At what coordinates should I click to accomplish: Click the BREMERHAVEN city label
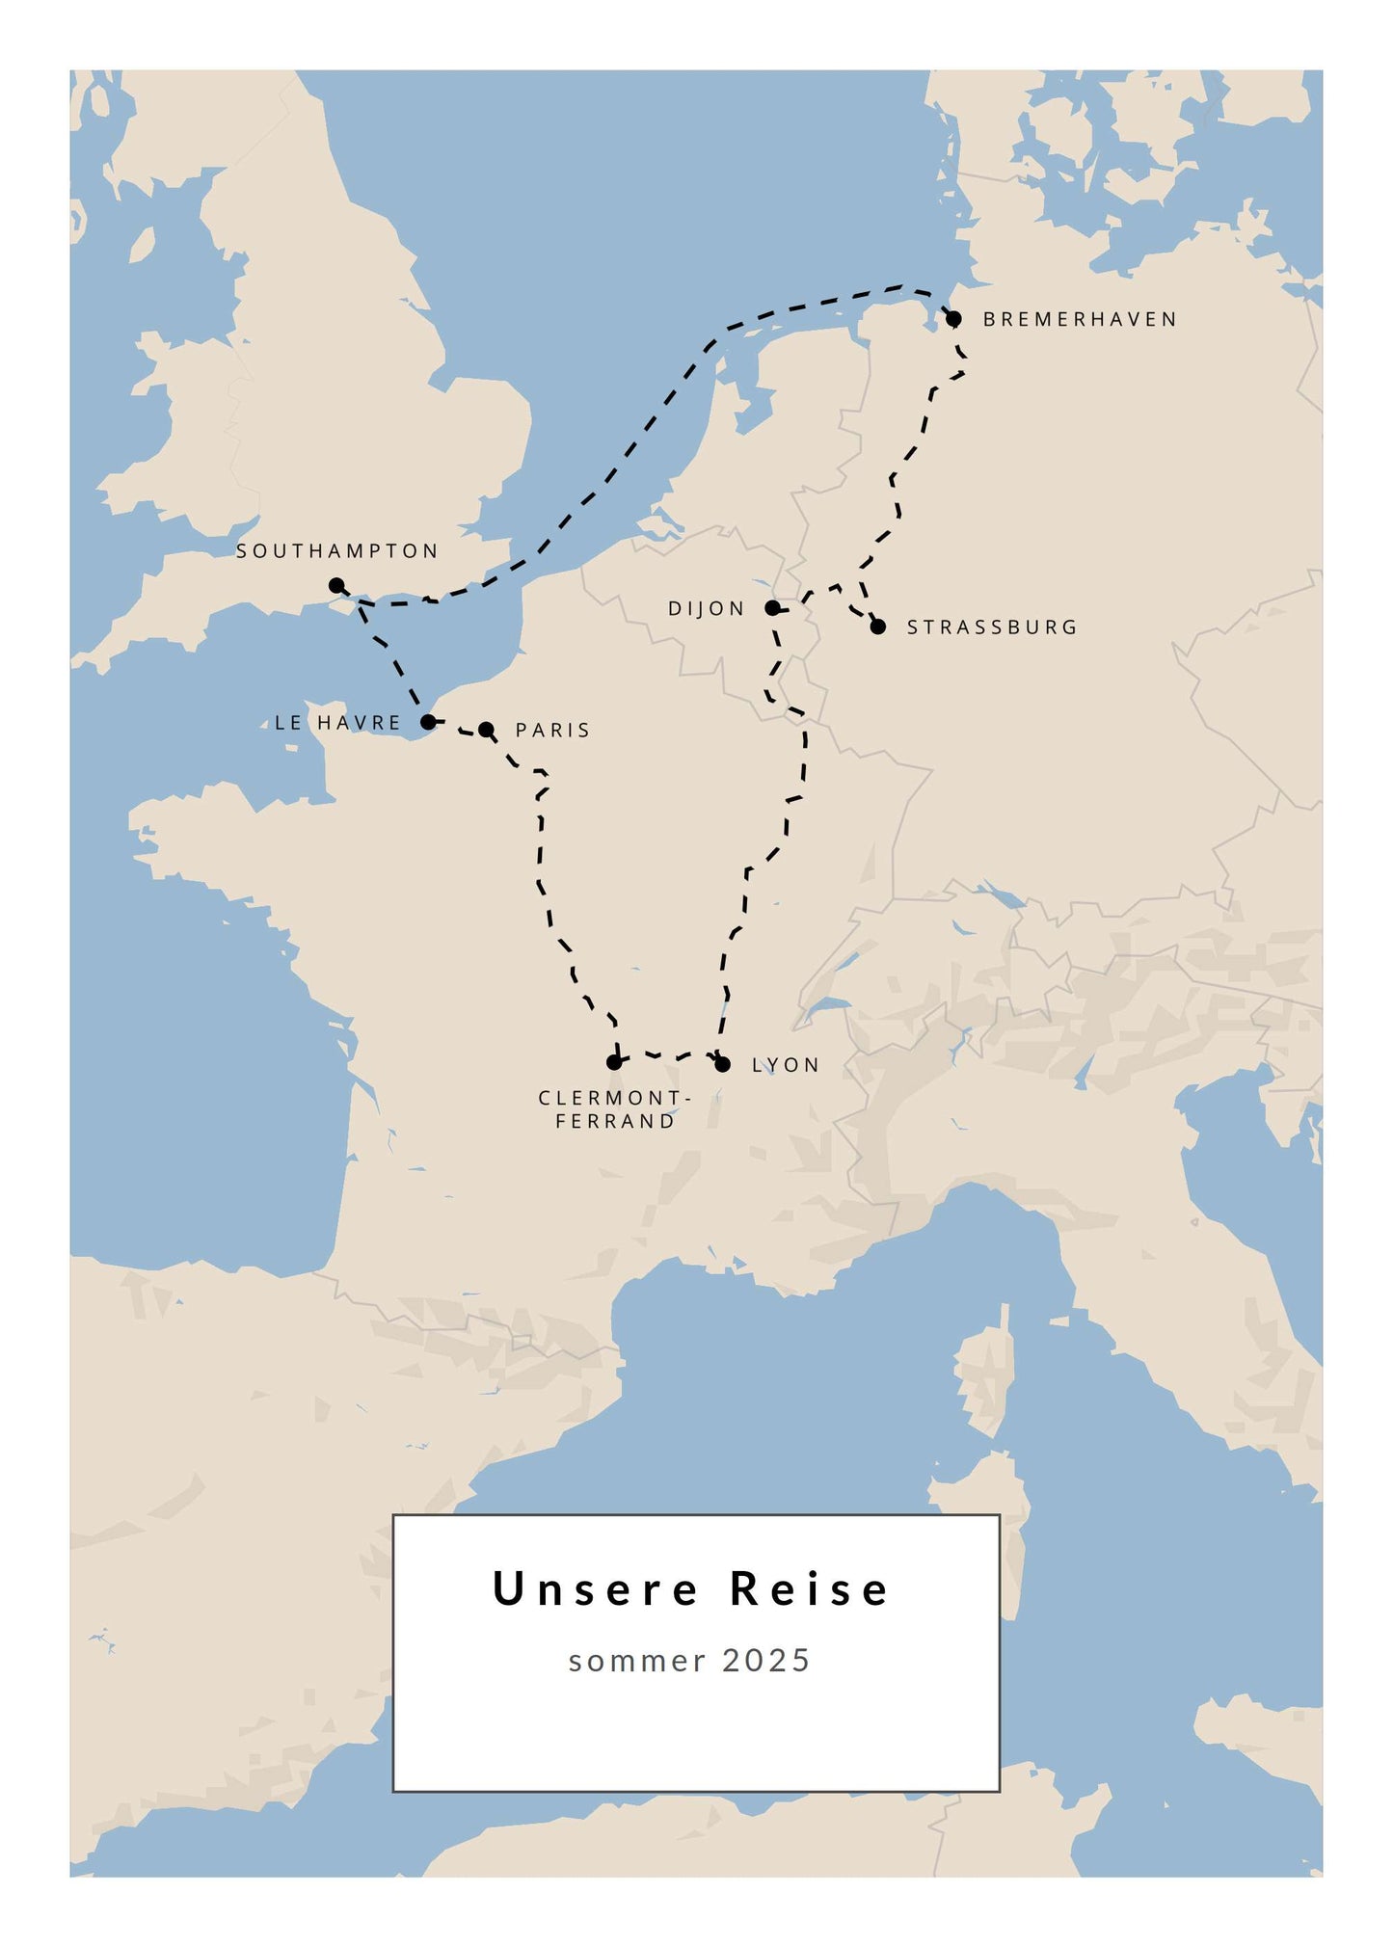(x=1080, y=319)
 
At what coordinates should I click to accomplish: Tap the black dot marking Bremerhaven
(x=953, y=319)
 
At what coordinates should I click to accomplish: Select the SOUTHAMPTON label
(x=337, y=551)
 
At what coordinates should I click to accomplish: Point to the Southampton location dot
(x=336, y=585)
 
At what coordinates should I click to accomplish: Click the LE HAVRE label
(x=337, y=723)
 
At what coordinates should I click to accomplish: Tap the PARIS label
(x=552, y=731)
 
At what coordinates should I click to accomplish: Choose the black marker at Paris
(x=487, y=730)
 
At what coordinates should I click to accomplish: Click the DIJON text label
(x=707, y=609)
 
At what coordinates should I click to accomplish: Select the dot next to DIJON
(x=772, y=608)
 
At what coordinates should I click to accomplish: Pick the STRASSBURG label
(x=992, y=627)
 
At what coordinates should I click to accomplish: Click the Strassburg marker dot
(x=878, y=627)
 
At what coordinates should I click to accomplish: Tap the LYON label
(x=786, y=1065)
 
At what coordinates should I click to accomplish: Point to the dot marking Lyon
(x=723, y=1064)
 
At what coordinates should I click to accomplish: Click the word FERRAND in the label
(x=615, y=1122)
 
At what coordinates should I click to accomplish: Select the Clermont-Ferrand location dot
(x=614, y=1062)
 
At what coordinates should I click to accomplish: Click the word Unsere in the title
(x=595, y=1589)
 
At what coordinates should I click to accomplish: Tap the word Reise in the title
(x=810, y=1589)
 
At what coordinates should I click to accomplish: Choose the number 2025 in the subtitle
(x=766, y=1661)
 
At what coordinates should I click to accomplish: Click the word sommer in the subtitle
(x=637, y=1661)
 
